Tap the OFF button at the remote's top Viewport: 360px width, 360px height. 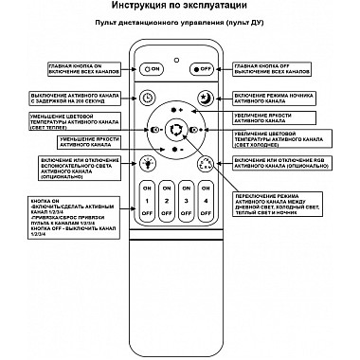point(201,68)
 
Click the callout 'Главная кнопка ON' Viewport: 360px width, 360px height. point(84,68)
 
